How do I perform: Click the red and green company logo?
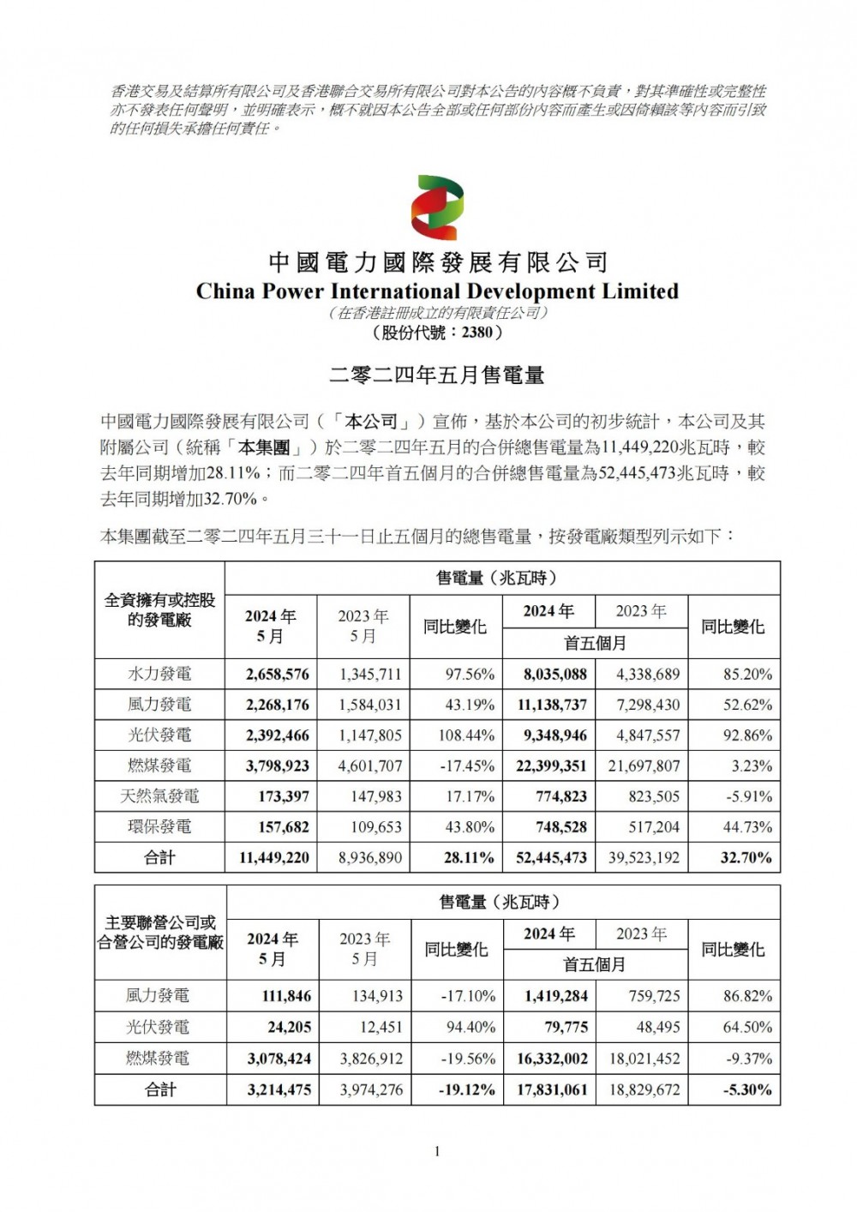coord(437,207)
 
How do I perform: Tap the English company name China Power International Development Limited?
coord(437,291)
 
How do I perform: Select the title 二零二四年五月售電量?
coord(437,375)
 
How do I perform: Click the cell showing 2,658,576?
coord(277,675)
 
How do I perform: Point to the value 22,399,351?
coord(551,766)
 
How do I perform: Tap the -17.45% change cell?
coord(466,766)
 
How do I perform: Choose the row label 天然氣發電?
coord(159,796)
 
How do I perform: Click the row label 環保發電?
coord(159,827)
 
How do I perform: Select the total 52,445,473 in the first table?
coord(551,858)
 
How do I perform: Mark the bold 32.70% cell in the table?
coord(746,858)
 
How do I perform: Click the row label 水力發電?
coord(159,675)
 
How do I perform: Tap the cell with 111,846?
coord(280,996)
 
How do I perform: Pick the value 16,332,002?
coord(552,1059)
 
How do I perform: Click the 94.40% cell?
coord(468,1028)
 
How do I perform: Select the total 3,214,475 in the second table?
coord(279,1090)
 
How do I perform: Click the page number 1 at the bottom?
coord(437,1151)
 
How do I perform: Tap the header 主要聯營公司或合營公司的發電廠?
coord(160,933)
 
